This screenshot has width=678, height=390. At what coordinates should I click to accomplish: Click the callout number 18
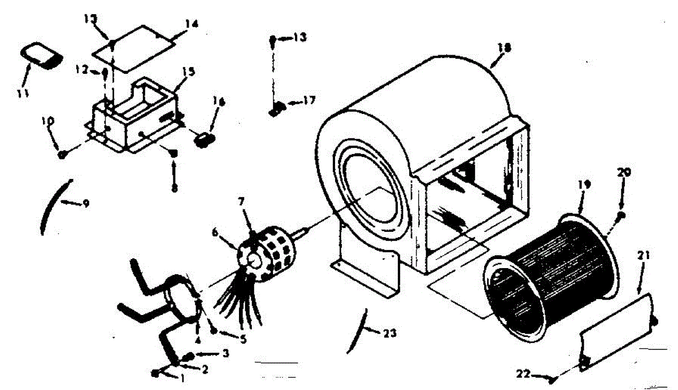504,49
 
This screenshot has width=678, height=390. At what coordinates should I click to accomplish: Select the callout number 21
645,256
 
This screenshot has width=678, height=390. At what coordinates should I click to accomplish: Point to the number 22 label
523,374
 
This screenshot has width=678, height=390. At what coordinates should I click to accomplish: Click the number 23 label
389,334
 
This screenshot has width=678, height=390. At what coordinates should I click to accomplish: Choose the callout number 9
85,204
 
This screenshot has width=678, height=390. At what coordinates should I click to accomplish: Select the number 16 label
219,102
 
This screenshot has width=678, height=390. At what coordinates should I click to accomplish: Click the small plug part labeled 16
203,138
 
